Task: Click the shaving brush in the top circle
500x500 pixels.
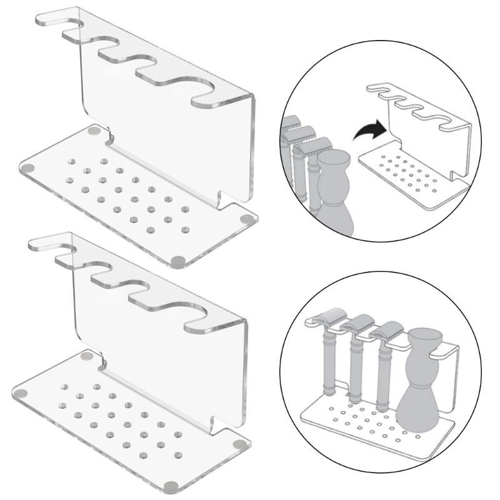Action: click(336, 187)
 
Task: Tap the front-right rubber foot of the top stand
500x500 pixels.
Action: click(177, 261)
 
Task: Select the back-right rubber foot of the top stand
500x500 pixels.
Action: click(247, 220)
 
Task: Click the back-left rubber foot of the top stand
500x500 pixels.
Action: click(94, 132)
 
